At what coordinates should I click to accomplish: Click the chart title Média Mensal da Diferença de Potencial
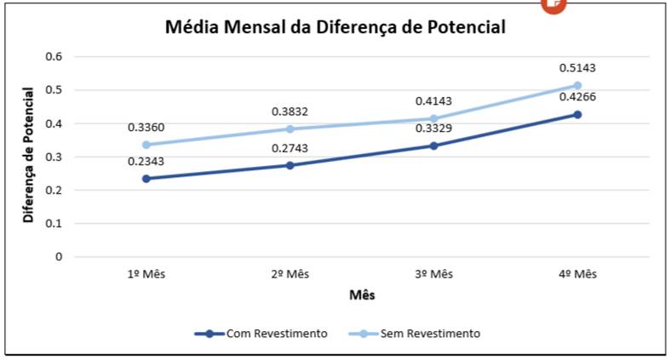pos(335,27)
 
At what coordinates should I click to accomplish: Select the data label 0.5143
pos(576,68)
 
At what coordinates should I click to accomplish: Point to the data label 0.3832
pos(290,111)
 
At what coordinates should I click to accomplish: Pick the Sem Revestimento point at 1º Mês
pos(146,145)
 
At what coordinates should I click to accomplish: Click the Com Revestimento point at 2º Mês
pos(290,165)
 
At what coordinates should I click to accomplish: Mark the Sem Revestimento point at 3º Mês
pos(433,118)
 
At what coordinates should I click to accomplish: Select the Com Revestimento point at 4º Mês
pos(577,114)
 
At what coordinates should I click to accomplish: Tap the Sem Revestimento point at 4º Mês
pos(577,85)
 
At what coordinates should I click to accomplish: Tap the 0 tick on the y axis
pos(59,256)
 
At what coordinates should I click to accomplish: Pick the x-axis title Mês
pos(361,295)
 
